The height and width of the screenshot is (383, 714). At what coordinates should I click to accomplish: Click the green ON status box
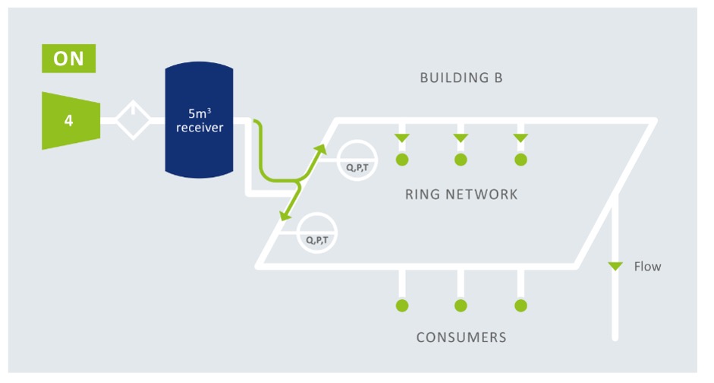coord(69,59)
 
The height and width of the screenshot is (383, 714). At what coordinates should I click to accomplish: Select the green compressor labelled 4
coord(71,121)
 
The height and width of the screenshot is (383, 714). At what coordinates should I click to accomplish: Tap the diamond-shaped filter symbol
coord(133,120)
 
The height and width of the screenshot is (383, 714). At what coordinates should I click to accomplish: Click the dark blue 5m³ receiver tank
coord(199,120)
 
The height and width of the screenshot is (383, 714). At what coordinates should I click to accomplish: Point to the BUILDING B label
coord(461,78)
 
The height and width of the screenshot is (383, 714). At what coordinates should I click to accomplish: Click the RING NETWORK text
coord(461,195)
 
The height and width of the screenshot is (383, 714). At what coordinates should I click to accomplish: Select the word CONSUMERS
coord(461,337)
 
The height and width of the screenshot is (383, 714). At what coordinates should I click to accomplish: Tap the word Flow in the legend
coord(647,266)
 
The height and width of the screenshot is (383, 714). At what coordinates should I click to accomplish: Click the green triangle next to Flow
coord(615,266)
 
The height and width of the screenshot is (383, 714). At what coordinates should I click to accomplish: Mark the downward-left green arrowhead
coord(285,215)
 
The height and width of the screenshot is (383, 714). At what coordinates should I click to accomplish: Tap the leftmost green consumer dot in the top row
coord(402,160)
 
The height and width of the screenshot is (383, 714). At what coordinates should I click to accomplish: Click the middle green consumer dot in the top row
coord(461,160)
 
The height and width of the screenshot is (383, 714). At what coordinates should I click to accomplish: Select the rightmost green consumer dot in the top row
coord(521,160)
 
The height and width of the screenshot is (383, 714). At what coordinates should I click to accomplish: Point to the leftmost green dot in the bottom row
coord(402,305)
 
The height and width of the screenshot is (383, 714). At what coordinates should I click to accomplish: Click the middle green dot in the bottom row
coord(461,305)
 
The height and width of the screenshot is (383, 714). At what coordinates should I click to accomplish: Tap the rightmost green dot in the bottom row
coord(521,305)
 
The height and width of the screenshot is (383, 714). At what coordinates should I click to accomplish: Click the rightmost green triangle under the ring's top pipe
coord(521,138)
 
